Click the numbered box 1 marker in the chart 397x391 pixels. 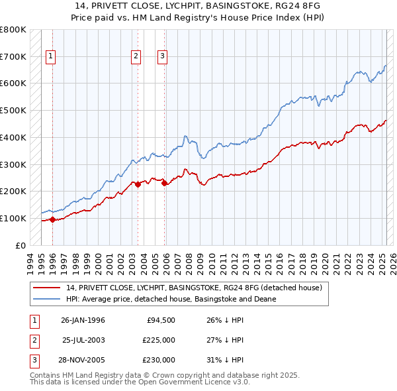[x=51, y=57]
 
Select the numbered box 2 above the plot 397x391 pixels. [x=136, y=57]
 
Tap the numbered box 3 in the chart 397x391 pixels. [x=162, y=57]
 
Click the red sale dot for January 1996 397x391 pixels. [x=52, y=219]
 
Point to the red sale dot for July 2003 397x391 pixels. [x=138, y=185]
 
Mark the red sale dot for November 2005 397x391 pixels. [x=164, y=183]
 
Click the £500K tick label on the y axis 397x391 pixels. [x=13, y=110]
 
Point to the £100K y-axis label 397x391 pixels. [x=13, y=218]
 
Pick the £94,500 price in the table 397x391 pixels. [x=160, y=321]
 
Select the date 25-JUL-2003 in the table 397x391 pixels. [x=83, y=341]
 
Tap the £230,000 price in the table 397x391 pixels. [x=158, y=361]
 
